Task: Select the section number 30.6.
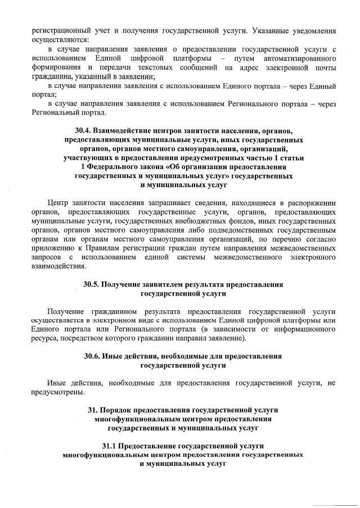pyautogui.click(x=93, y=356)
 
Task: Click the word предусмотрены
pyautogui.click(x=58, y=392)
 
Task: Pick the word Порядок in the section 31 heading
pyautogui.click(x=123, y=410)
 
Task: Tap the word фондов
pyautogui.click(x=240, y=221)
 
